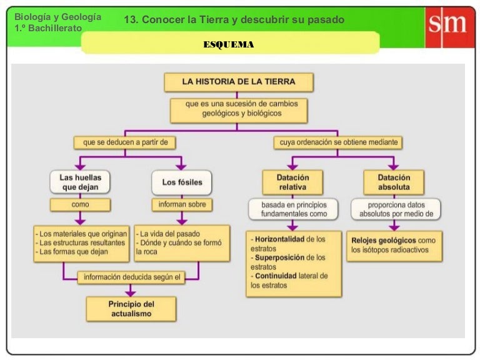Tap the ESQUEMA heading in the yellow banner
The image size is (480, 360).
229,44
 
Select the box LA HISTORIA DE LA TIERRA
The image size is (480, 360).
239,82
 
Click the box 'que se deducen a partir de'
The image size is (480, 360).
126,142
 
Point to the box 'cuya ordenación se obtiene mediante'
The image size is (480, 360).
337,142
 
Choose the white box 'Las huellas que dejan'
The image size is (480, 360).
80,182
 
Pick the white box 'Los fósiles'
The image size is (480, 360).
182,182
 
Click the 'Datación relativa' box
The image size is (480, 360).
292,182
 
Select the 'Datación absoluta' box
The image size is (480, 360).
394,182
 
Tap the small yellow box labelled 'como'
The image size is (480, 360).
80,204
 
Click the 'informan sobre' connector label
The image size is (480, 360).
181,204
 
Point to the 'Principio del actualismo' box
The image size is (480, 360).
131,309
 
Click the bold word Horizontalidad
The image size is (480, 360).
279,239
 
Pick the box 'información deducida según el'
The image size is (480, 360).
131,277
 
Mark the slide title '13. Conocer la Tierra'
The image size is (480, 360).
234,20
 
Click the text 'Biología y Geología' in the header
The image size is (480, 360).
57,17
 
